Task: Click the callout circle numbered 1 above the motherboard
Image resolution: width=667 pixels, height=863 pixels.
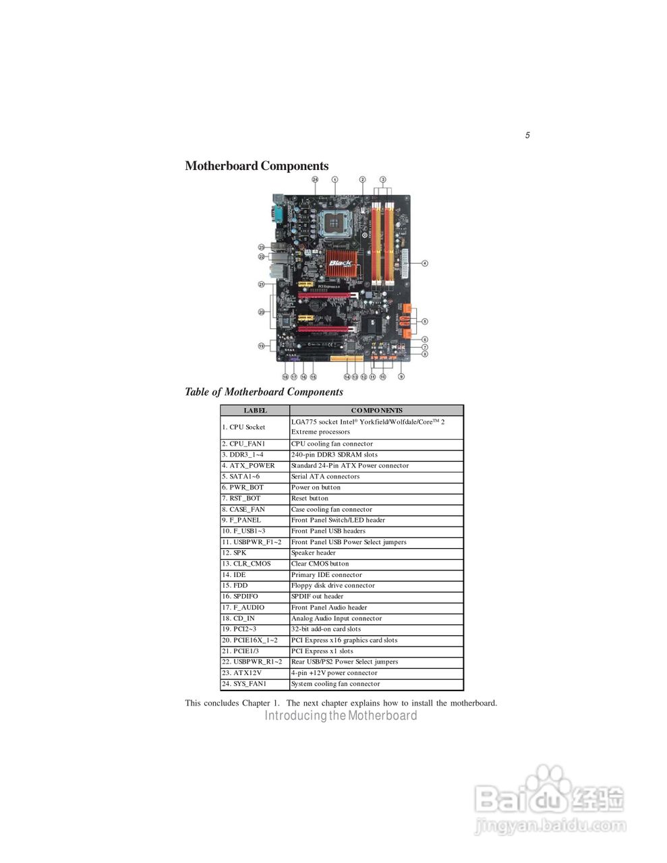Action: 335,179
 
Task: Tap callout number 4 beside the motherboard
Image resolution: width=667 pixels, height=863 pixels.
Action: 425,263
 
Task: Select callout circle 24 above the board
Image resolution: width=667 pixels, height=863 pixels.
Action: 315,179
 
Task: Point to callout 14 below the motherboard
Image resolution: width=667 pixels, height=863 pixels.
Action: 347,377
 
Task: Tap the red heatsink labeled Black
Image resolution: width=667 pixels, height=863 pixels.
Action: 342,266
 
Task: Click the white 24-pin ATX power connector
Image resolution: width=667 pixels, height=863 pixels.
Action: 405,263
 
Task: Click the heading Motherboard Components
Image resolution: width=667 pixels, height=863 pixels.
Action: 257,166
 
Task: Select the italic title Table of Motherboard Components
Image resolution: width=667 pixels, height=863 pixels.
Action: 264,392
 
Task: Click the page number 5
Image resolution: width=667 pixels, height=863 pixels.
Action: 527,135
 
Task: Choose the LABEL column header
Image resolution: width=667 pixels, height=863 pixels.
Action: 255,410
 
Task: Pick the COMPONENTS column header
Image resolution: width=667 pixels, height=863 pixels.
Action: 376,410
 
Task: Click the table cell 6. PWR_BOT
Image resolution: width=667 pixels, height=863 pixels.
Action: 242,487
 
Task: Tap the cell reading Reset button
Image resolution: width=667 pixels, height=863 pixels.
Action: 310,498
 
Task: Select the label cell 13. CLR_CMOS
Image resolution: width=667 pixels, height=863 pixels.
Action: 245,564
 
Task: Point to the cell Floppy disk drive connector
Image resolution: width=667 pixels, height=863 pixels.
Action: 332,585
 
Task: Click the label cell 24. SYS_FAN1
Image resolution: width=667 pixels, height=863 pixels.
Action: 243,684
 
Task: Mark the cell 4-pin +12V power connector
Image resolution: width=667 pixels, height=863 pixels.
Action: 334,673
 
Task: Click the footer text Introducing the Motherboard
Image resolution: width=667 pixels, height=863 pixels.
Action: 341,715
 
